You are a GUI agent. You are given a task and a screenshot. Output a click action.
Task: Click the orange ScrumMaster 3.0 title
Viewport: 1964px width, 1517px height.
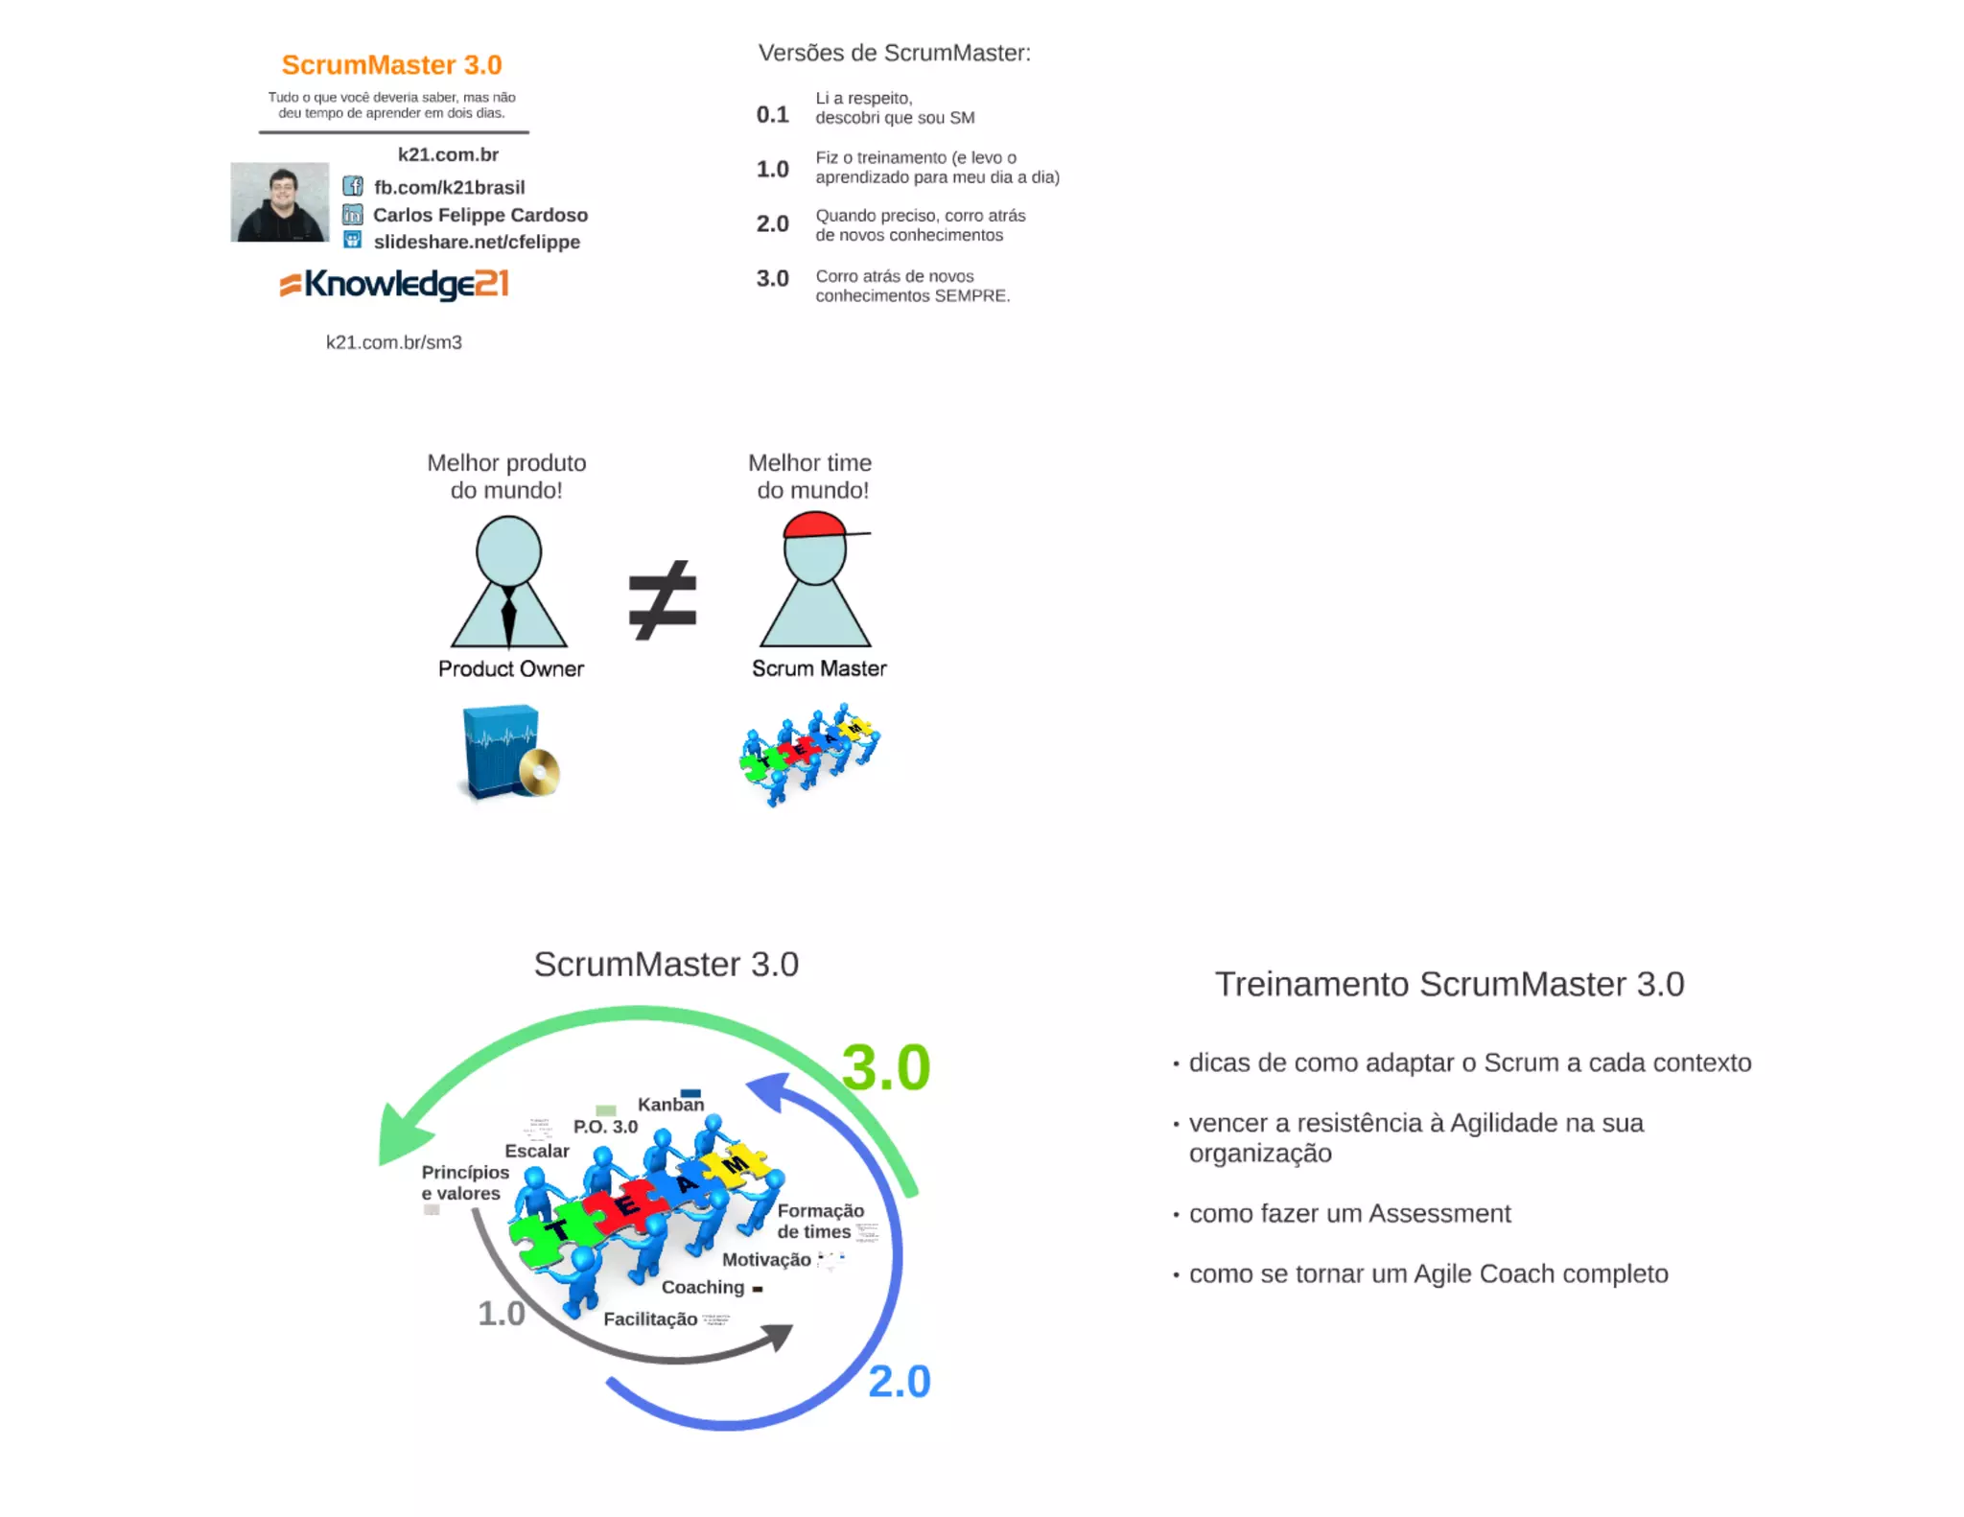[391, 64]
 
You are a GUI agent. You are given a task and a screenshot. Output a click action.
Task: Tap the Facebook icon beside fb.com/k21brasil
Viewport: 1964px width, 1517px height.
[353, 186]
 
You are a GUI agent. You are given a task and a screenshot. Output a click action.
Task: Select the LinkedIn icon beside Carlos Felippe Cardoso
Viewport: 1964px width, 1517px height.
[353, 214]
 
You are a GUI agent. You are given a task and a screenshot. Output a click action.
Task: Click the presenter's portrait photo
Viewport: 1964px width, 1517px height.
[279, 201]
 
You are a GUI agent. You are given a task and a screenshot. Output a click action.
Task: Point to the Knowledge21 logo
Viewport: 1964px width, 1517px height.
[394, 284]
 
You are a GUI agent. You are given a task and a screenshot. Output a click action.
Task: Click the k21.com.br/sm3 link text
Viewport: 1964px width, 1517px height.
[394, 342]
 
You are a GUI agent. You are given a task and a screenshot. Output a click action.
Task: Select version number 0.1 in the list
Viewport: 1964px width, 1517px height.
[772, 115]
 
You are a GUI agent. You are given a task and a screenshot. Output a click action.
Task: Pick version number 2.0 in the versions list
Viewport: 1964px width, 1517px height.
[772, 224]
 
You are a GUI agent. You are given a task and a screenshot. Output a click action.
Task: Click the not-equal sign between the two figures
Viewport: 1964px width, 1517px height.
[662, 600]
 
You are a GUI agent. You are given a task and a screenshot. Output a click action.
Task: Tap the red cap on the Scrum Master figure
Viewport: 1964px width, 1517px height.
[814, 525]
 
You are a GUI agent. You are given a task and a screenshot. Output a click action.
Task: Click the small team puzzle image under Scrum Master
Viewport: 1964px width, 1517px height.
[810, 754]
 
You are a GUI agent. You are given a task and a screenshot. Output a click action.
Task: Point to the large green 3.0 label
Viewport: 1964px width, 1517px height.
[886, 1067]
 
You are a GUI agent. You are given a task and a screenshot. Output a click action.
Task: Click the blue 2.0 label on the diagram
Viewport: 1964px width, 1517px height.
[899, 1382]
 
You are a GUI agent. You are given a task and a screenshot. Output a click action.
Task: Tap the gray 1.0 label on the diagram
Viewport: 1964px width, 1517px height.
[502, 1314]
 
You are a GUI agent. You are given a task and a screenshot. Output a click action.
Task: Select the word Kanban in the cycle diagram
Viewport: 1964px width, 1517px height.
[670, 1105]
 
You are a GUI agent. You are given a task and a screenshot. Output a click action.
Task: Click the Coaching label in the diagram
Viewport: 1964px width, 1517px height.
[703, 1287]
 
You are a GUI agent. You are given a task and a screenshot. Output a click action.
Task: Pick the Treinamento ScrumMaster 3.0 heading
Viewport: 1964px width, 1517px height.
[1449, 984]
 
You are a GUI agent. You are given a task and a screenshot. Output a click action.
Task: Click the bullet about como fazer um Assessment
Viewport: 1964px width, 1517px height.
[1349, 1214]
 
